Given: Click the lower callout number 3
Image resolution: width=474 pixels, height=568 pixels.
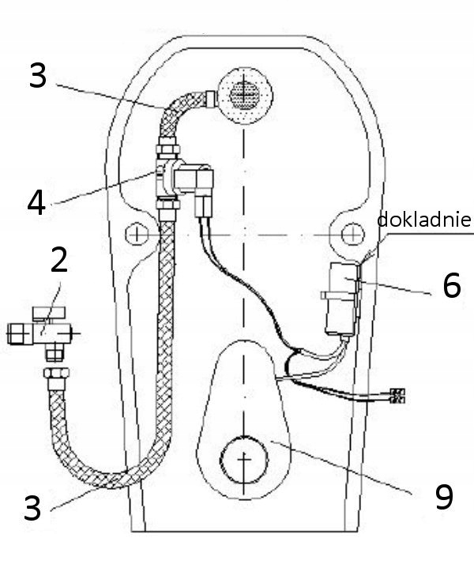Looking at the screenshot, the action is click(x=32, y=507).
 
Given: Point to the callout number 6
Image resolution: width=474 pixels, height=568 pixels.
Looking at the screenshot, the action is click(x=450, y=286).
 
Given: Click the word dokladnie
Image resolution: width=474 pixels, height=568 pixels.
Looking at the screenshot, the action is click(x=423, y=220).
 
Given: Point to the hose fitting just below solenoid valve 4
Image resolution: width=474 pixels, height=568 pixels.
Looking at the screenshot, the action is click(x=167, y=209).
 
